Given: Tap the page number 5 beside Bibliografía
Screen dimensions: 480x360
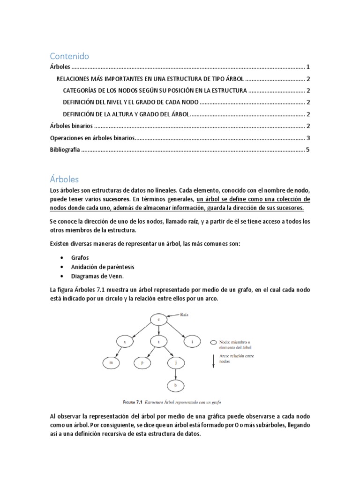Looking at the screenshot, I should pos(307,150).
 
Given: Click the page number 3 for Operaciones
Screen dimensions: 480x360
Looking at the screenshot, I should pos(307,138).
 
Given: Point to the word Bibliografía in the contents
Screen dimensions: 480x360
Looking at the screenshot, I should pos(65,150).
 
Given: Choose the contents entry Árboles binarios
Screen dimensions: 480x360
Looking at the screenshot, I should pos(71,126).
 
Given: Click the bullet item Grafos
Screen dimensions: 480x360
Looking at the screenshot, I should pos(80,257).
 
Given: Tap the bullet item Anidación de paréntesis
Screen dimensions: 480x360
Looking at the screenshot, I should pos(103,267).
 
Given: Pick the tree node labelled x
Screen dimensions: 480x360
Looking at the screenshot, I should pos(125,342).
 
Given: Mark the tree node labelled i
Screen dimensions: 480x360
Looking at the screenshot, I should pos(192,342).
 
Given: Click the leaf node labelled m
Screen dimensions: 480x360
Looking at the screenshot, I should pos(111,362).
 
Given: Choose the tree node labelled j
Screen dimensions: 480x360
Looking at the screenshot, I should pos(175,362).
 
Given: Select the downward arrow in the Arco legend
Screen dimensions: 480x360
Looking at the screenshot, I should pos(213,363).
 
